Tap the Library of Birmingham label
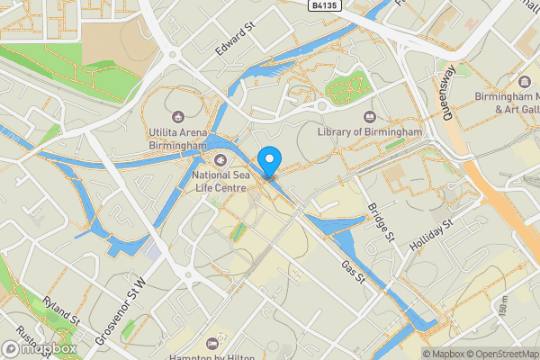click(370, 131)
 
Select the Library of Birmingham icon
click(369, 116)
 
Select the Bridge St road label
click(381, 222)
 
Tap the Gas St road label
click(352, 269)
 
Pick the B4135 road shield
click(328, 5)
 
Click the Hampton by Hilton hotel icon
click(211, 343)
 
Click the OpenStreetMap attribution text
click(499, 353)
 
